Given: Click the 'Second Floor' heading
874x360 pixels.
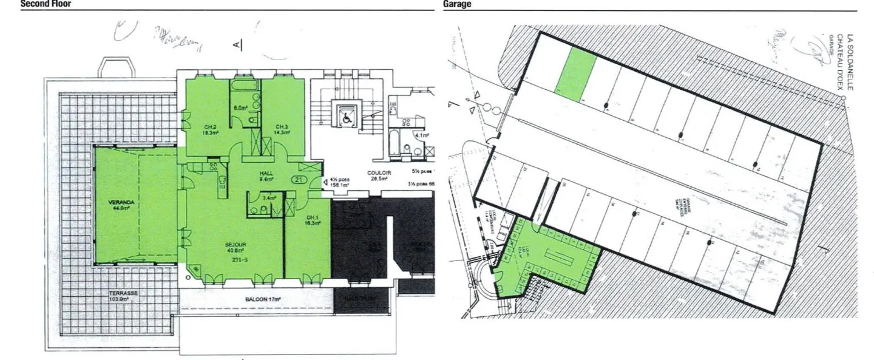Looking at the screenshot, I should (x=46, y=4).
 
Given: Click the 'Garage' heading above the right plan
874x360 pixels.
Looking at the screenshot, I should (x=457, y=4).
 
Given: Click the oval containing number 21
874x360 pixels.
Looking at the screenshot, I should (x=298, y=179).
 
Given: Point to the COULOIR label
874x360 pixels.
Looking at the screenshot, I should (x=379, y=173).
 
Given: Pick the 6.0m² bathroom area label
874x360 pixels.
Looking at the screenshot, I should (x=241, y=108).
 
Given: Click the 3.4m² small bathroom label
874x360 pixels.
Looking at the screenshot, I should (x=268, y=197).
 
